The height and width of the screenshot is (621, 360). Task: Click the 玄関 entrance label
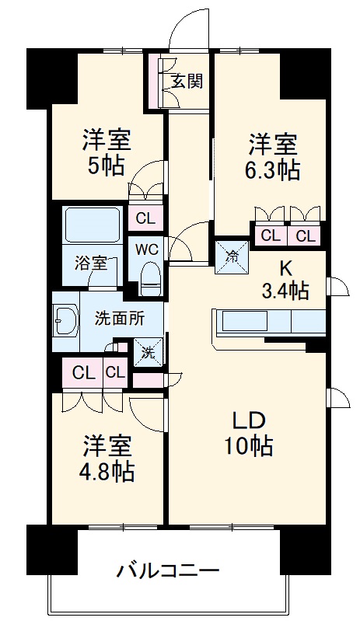[187, 80]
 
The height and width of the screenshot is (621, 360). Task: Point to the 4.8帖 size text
[108, 471]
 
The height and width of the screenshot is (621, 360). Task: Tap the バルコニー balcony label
[168, 571]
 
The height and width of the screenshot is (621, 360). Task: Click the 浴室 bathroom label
[91, 263]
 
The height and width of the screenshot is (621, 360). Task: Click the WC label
[148, 249]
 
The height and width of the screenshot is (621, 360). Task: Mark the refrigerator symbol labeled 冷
[232, 253]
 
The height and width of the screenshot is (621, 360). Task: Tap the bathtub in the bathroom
[91, 226]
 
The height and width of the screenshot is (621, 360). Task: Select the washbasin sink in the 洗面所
[65, 319]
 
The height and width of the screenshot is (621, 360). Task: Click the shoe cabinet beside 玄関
[157, 82]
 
